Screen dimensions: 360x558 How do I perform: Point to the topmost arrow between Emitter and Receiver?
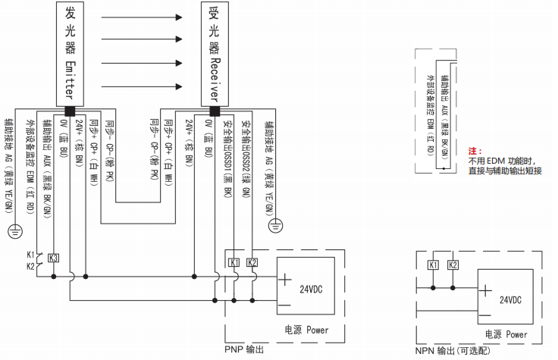[141, 16]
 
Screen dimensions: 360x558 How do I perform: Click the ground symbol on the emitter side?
[13, 230]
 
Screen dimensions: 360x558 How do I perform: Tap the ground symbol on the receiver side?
[277, 225]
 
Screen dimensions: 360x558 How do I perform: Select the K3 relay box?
[53, 258]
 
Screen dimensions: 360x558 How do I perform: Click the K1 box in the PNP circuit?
[234, 263]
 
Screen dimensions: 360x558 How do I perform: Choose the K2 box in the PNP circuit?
[252, 263]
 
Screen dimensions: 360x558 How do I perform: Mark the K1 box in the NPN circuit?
[433, 265]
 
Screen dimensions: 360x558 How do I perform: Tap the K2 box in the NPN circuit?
[453, 265]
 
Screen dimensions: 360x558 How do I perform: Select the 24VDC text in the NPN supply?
[511, 299]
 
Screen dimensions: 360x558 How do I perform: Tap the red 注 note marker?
[475, 152]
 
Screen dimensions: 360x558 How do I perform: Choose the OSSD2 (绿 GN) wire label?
[246, 147]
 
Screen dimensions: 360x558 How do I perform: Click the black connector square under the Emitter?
[70, 108]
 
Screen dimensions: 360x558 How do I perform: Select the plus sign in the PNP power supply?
[284, 278]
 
